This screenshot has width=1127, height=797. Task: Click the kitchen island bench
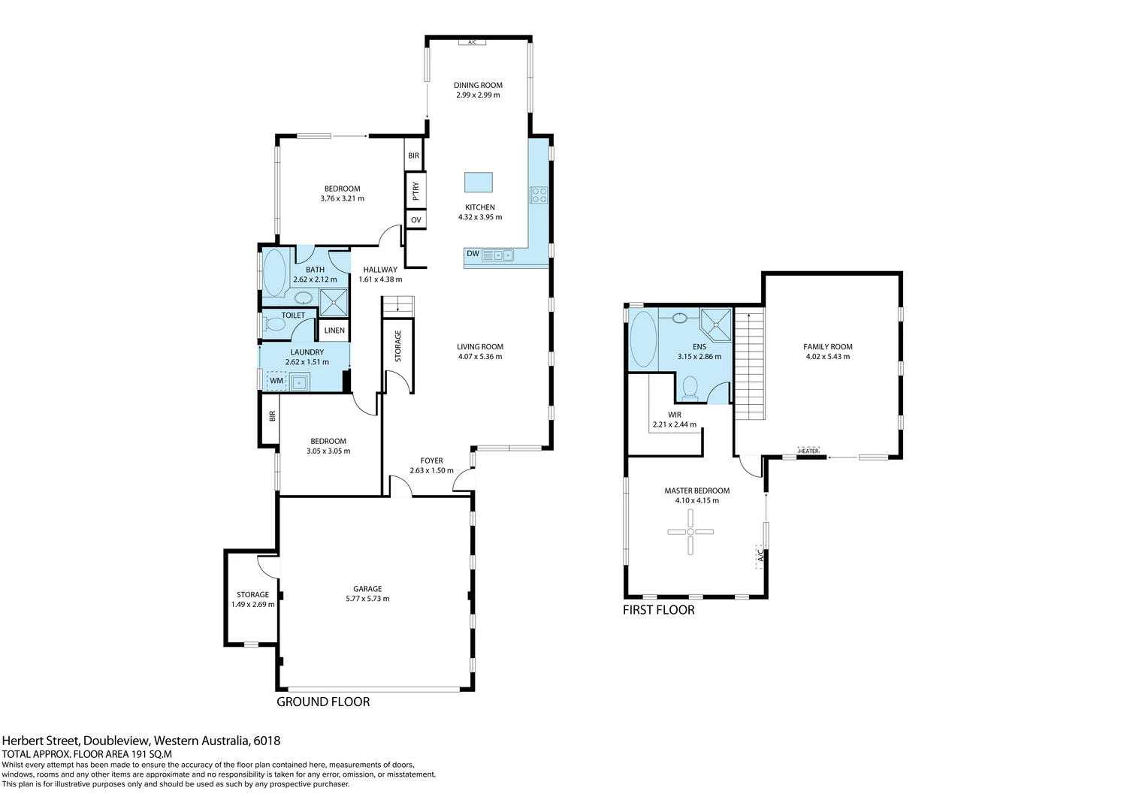point(479,183)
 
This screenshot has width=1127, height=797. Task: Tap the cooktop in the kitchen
point(539,195)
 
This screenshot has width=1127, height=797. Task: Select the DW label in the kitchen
point(473,254)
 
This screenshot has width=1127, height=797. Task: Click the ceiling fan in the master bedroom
point(690,532)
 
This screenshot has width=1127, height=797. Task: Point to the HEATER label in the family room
point(808,451)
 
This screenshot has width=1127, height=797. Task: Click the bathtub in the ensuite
point(642,339)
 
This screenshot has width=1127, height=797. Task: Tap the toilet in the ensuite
point(689,388)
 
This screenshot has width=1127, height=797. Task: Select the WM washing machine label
point(276,381)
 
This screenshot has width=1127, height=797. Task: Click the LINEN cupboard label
point(334,331)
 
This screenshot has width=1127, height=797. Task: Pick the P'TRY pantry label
point(415,191)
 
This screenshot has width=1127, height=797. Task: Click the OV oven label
point(415,220)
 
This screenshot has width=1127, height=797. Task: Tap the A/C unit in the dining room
point(472,42)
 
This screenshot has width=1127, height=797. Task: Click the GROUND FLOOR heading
point(323,702)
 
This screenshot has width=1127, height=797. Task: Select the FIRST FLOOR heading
point(658,610)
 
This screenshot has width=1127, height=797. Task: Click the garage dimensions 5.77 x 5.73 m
point(367,599)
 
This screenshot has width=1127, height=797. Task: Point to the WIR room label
point(674,415)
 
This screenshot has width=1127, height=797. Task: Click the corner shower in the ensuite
point(716,322)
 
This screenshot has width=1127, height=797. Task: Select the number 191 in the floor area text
point(124,754)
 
